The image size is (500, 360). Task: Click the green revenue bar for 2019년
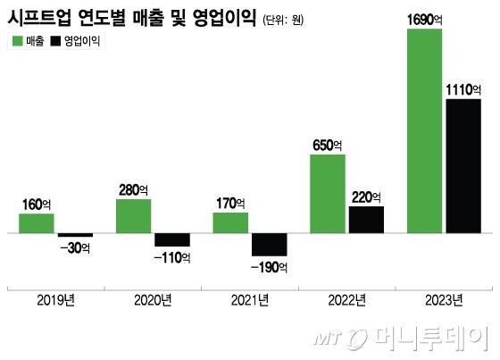[37, 223]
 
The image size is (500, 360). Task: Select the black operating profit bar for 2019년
[75, 235]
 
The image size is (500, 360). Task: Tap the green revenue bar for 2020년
[133, 216]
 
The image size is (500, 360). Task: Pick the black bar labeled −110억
[172, 239]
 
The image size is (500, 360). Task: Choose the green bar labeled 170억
[230, 222]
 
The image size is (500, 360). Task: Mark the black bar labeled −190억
[269, 245]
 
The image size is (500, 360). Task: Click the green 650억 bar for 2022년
[327, 194]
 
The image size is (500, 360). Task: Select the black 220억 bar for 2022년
[366, 220]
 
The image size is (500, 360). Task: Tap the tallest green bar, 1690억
[424, 131]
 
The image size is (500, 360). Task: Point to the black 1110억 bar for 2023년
[463, 166]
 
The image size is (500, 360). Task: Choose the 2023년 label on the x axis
[444, 299]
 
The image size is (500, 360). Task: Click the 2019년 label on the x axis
[56, 299]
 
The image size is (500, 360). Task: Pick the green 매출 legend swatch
[17, 42]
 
